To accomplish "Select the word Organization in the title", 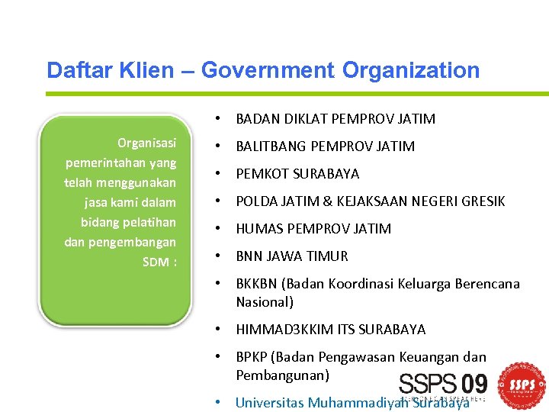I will point(411,70).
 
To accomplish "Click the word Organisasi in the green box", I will point(146,143).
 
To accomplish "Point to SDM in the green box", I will point(156,262).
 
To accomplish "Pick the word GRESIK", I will point(483,201).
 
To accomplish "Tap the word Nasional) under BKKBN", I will point(265,302).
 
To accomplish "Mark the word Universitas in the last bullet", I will point(269,403).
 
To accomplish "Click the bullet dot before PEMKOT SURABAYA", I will point(218,174).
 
